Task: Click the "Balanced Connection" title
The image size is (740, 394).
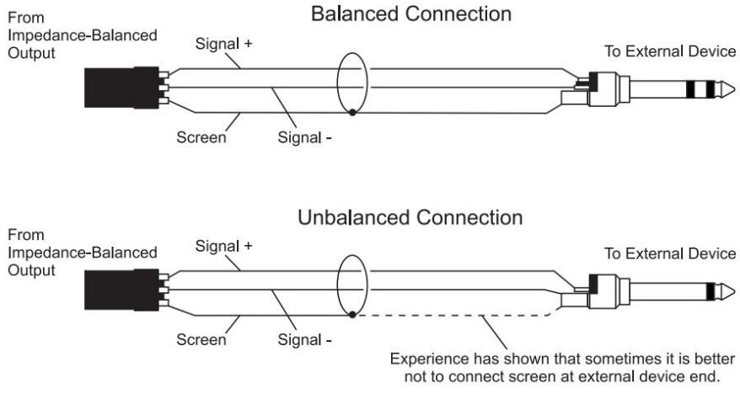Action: point(411,13)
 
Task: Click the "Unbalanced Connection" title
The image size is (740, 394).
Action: point(410,218)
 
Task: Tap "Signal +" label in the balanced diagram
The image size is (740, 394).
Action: point(223,44)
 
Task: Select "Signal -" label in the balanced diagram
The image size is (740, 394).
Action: point(304,137)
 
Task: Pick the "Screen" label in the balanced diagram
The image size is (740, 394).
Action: point(201,137)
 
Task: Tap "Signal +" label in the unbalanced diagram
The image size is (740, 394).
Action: point(223,246)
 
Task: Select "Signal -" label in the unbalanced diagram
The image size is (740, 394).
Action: point(304,340)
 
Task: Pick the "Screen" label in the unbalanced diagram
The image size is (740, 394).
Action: point(201,340)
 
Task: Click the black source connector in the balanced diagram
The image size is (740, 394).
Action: point(121,88)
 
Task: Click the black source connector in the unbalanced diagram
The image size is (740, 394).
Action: point(121,290)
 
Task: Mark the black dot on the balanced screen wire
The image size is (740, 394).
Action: point(352,112)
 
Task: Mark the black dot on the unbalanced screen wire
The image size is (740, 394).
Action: point(352,314)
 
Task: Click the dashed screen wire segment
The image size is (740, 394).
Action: point(453,316)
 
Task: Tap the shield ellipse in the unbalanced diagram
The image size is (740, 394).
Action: point(337,286)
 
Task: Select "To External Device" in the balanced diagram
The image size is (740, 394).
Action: point(670,51)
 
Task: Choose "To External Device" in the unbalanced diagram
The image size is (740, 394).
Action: point(670,253)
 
